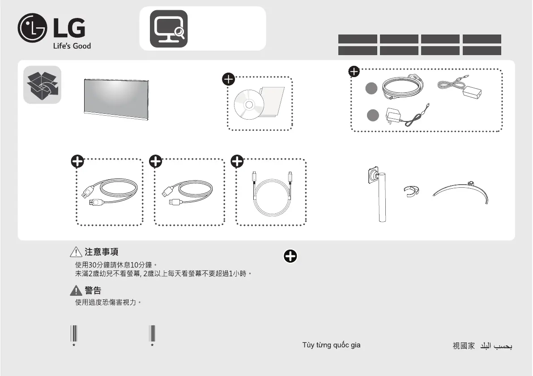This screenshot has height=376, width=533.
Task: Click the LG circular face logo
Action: coord(32,28)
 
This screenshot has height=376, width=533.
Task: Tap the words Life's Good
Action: coord(72,46)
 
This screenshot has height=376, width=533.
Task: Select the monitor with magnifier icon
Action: coord(169,29)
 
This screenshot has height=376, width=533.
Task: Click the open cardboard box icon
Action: coord(42,85)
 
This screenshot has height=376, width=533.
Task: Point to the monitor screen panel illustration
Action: coord(116,99)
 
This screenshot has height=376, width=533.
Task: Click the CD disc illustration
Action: coord(249,105)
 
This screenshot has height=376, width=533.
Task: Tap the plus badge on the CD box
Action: coord(228,79)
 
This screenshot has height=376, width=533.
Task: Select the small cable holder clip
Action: coord(411,191)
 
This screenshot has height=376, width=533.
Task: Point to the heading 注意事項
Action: coord(101,252)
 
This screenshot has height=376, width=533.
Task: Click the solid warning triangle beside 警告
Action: coord(76,290)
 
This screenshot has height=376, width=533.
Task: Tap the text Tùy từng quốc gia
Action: coord(332,345)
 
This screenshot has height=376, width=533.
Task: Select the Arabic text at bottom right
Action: coord(496,346)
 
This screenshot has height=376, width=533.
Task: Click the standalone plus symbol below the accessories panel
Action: coord(290,256)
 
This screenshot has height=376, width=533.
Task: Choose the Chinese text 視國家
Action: coord(464,346)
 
